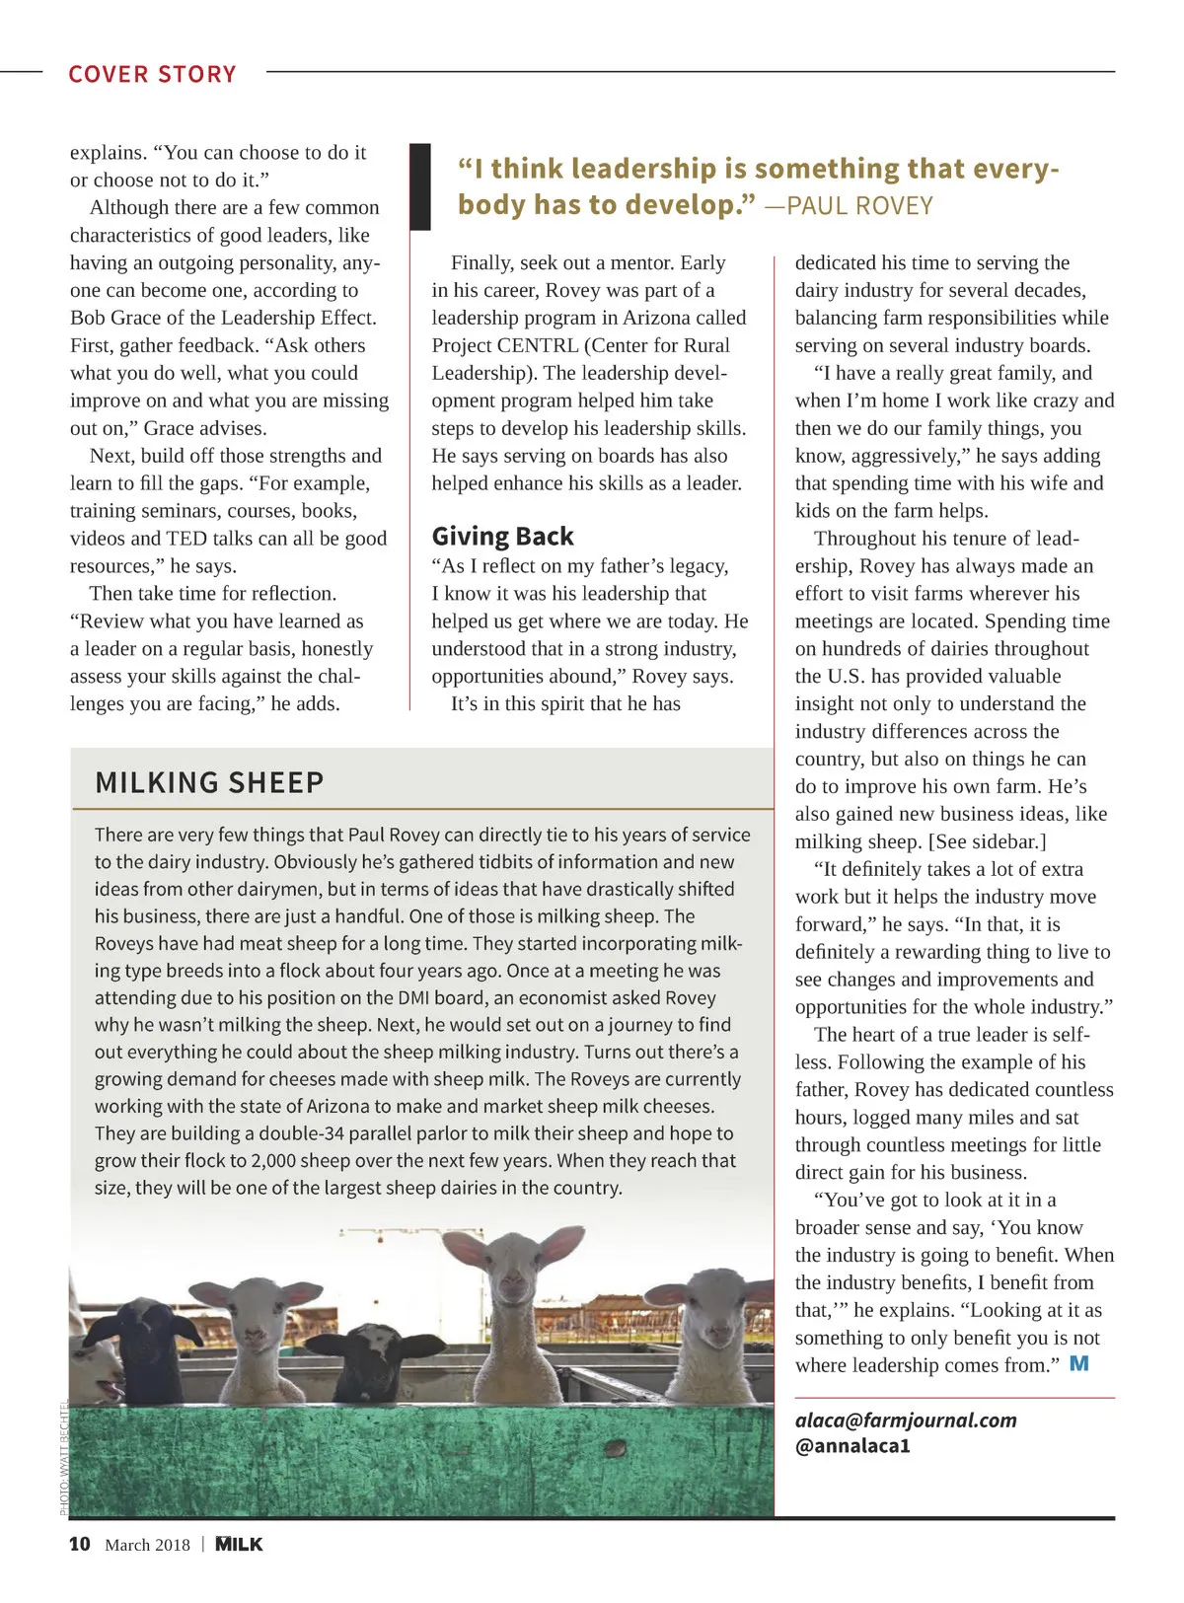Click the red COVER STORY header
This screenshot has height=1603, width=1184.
tap(152, 74)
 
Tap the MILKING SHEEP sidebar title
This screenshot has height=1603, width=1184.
tap(209, 782)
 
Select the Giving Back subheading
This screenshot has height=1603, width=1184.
tap(502, 536)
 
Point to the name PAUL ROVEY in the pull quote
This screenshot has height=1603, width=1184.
tap(859, 206)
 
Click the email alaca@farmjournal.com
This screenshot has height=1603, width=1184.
tap(906, 1420)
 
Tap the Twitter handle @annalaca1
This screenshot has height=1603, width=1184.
tap(852, 1446)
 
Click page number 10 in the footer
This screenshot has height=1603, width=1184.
tap(79, 1544)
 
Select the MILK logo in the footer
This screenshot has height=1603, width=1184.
tap(239, 1544)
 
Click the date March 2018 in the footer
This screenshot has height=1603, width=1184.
tap(147, 1545)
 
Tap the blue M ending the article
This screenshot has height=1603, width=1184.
tap(1079, 1363)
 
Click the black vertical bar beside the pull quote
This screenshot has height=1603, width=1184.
tap(420, 186)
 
